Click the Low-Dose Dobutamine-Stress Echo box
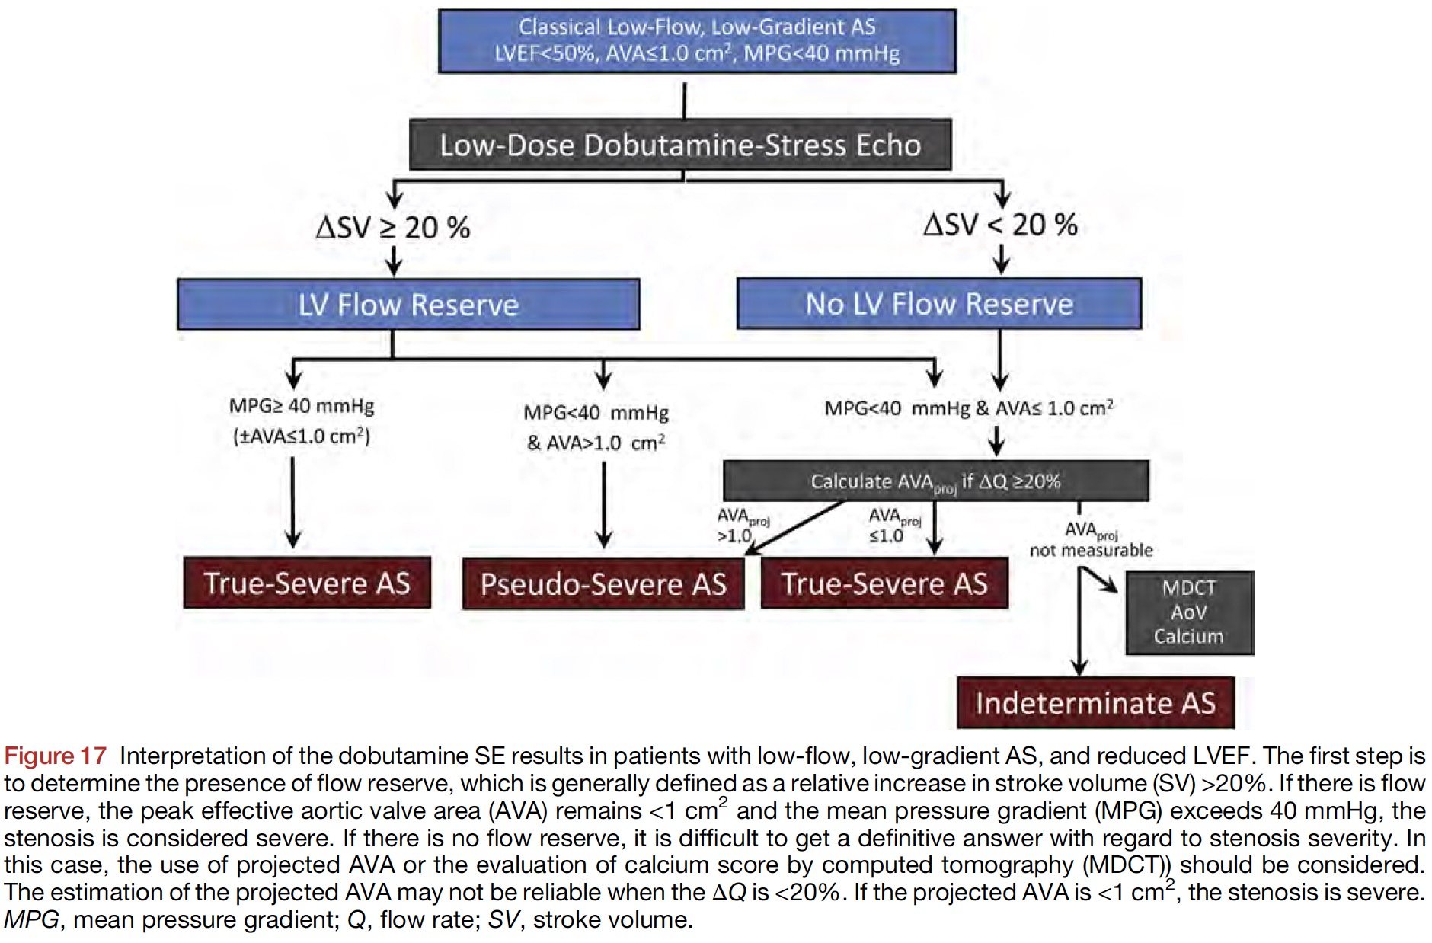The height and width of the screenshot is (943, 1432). pyautogui.click(x=680, y=145)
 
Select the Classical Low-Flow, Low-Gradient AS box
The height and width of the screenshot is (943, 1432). pyautogui.click(x=697, y=41)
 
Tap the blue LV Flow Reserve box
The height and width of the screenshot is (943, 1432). pyautogui.click(x=408, y=305)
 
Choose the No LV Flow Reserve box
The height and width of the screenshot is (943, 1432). pyautogui.click(x=939, y=304)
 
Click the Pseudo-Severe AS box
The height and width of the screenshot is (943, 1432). pyautogui.click(x=603, y=584)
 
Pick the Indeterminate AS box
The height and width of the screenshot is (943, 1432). pyautogui.click(x=1095, y=703)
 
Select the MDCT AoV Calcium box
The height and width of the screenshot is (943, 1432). pyautogui.click(x=1188, y=612)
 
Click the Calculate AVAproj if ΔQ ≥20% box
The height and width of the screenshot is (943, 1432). pyautogui.click(x=935, y=481)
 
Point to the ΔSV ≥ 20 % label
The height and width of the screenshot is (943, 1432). pyautogui.click(x=393, y=228)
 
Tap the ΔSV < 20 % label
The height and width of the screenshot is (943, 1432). pyautogui.click(x=1000, y=225)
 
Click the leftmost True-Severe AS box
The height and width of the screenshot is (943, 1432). pyautogui.click(x=307, y=583)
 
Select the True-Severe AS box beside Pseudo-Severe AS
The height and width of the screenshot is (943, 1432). pyautogui.click(x=884, y=584)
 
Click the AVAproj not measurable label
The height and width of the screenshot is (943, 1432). pyautogui.click(x=1091, y=540)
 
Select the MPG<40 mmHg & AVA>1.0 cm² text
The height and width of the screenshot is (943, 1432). pyautogui.click(x=596, y=427)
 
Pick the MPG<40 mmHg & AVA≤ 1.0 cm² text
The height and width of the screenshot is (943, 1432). pyautogui.click(x=969, y=408)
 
